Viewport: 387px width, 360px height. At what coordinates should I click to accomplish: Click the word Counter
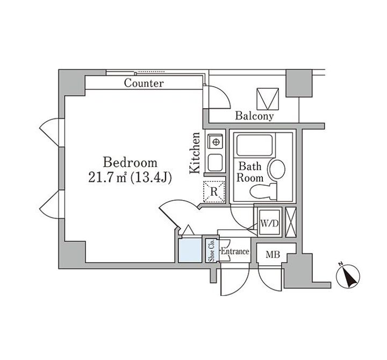144,83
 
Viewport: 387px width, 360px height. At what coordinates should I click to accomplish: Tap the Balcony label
254,116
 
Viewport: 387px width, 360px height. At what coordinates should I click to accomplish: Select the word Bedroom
131,162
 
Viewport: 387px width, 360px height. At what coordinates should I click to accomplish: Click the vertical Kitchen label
196,153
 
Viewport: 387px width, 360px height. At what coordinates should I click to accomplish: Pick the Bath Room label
250,173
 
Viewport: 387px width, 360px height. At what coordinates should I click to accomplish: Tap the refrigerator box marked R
213,191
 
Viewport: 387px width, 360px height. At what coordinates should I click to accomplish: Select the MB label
273,254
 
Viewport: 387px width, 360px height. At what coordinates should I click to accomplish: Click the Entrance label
235,252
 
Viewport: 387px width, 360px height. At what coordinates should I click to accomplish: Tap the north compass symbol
347,277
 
